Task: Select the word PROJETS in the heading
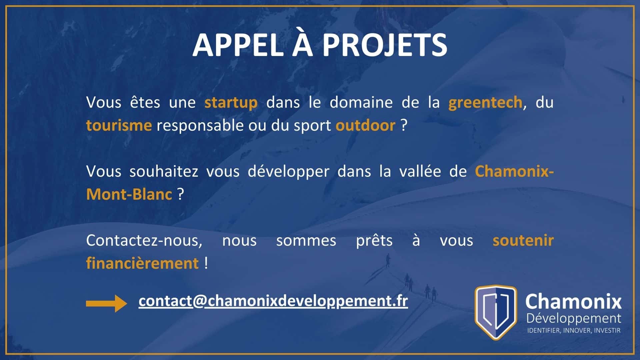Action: [x=385, y=45]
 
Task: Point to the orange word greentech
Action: [x=485, y=102]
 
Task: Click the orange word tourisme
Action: [x=119, y=126]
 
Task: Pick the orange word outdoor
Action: [x=366, y=126]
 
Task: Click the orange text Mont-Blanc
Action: [x=129, y=194]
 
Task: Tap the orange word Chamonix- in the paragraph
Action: [x=514, y=171]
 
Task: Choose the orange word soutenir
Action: [x=523, y=240]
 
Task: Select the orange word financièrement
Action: [x=142, y=263]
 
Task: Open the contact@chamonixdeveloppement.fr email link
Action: [x=273, y=301]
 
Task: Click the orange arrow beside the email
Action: [x=106, y=303]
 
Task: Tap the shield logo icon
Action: [x=496, y=312]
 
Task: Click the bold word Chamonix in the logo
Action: [x=573, y=302]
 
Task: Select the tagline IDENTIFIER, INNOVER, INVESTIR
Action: [x=574, y=331]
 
